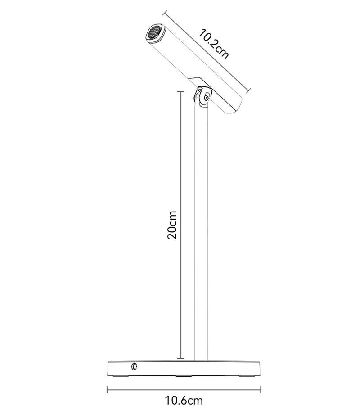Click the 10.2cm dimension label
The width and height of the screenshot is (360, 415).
point(213,44)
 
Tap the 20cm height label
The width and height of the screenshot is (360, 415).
point(172,225)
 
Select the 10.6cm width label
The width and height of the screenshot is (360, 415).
point(184,401)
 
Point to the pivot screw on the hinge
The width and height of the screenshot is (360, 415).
point(206,98)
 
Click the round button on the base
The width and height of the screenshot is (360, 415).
point(135,366)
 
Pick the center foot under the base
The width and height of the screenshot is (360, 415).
point(184,376)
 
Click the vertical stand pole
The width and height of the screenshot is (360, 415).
point(201,233)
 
